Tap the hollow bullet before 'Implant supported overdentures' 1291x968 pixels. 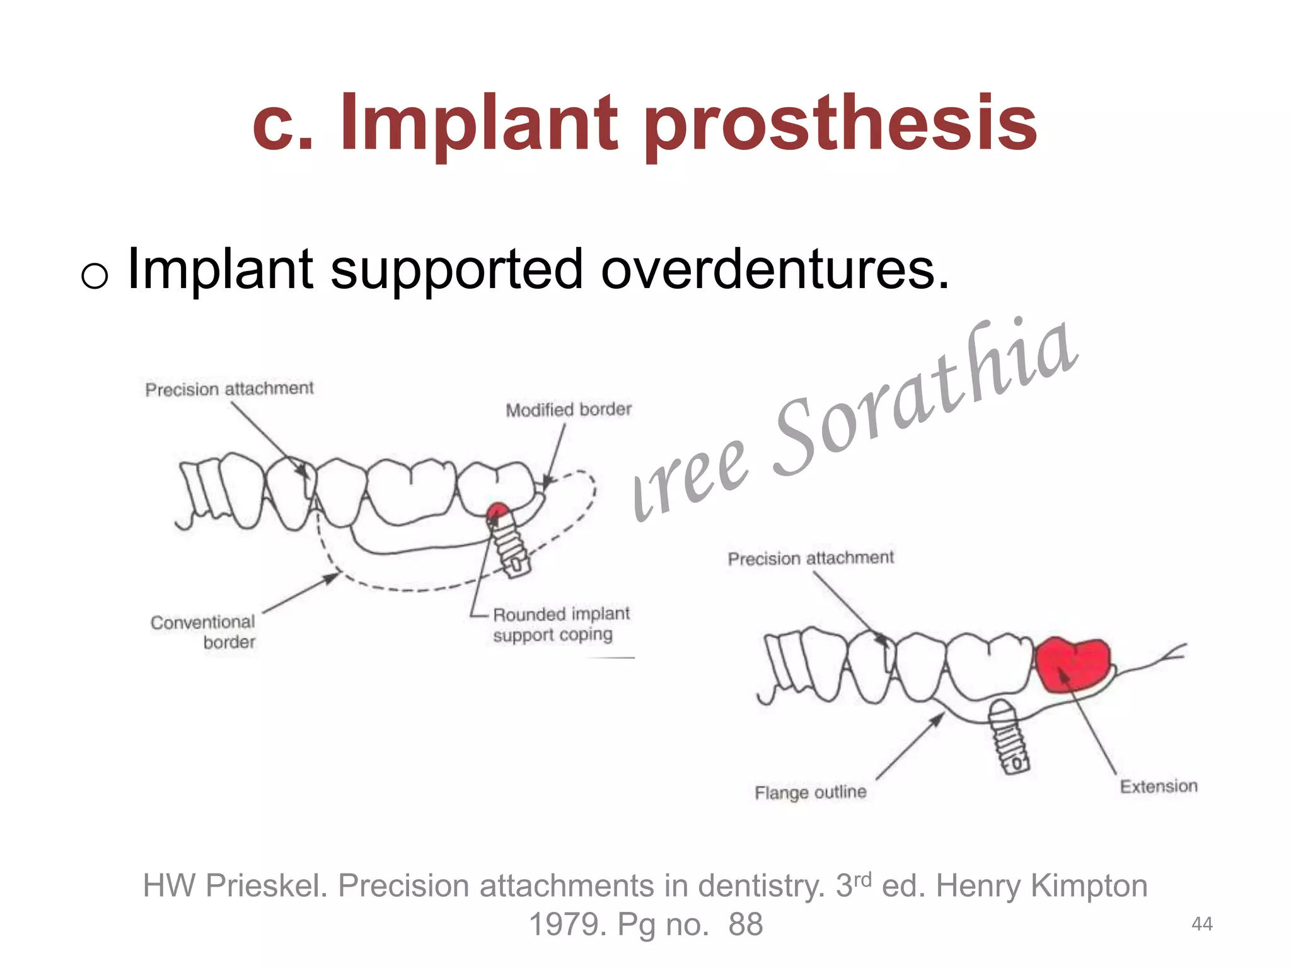95,275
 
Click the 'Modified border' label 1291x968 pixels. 568,410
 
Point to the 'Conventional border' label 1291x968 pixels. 204,631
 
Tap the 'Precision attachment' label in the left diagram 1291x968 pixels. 229,389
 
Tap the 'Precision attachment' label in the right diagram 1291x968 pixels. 811,558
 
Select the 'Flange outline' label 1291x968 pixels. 810,792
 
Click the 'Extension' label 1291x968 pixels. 1159,786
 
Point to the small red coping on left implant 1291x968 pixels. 497,510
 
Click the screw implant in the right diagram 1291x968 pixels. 1009,737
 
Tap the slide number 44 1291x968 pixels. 1201,924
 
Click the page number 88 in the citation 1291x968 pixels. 746,925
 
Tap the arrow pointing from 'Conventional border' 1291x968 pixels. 301,592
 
